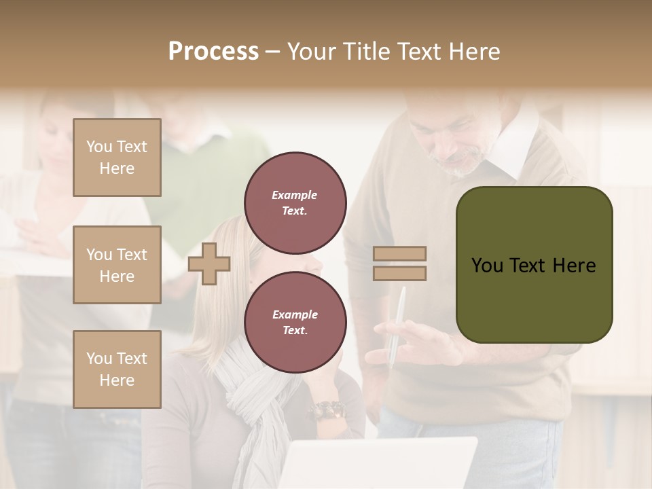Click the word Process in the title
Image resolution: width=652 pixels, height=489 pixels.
point(213,52)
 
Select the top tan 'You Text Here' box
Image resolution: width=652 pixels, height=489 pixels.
point(117,158)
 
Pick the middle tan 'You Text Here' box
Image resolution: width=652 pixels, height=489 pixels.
point(117,265)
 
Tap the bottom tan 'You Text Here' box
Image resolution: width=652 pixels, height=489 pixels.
point(117,369)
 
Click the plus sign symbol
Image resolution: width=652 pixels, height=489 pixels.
point(209,264)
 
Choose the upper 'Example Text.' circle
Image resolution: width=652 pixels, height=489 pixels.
point(295,203)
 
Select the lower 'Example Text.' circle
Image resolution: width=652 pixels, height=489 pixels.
point(295,323)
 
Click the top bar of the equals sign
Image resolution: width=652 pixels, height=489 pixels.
point(399,254)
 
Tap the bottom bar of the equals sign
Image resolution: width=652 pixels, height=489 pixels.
point(399,273)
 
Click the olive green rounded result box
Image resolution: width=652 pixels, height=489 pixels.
point(534,265)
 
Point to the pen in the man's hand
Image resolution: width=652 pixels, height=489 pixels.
point(397,326)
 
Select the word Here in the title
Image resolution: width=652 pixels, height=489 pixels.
point(473,52)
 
